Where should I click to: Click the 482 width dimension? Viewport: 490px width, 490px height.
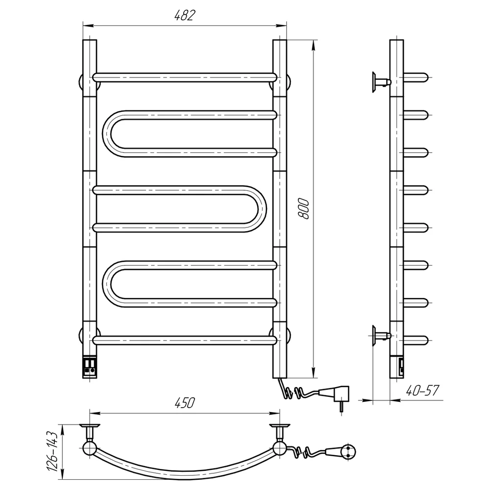[x=184, y=15]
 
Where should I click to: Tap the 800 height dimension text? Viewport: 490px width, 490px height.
[x=304, y=208]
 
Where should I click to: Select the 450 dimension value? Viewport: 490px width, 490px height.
[x=184, y=403]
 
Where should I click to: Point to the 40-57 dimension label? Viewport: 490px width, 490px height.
[x=422, y=391]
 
